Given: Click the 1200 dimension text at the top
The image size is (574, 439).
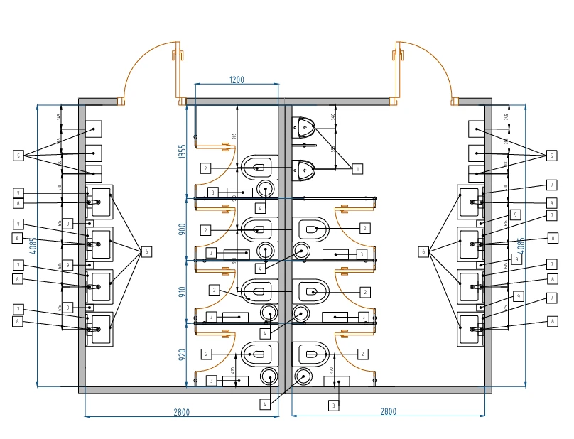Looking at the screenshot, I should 237,80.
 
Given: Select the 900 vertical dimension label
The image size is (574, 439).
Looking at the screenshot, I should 182,230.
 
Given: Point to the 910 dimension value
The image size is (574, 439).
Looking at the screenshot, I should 182,291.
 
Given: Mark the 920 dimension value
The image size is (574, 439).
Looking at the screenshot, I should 182,353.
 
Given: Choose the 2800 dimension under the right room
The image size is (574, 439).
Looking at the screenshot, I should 388,411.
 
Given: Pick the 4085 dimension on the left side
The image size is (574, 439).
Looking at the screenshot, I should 33,246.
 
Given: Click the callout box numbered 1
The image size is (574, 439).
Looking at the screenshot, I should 357,168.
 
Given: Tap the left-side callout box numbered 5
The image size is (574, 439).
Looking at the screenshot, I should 18,155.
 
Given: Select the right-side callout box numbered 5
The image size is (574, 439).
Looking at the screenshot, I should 551,155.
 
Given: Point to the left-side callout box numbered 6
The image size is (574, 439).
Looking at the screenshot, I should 146,251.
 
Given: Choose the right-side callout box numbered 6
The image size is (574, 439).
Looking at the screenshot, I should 425,251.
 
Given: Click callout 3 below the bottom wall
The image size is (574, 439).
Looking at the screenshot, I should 333,405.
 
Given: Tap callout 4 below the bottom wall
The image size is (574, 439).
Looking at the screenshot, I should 264,403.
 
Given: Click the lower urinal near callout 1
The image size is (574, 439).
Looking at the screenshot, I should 305,168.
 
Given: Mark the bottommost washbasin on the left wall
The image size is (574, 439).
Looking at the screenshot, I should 100,329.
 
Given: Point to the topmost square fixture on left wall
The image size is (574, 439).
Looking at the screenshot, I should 94,129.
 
